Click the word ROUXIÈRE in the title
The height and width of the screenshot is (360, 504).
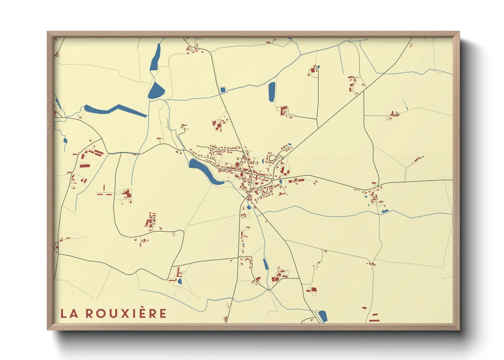126,313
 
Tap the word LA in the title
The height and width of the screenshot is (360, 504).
69,313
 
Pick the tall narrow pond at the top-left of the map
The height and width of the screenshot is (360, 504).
156,58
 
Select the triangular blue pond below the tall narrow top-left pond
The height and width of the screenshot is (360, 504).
156,91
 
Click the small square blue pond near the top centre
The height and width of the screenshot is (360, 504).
223,90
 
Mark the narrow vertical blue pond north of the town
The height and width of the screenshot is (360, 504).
271,92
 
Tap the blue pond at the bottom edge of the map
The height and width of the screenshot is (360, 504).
322,316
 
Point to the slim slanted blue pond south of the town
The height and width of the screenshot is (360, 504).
265,264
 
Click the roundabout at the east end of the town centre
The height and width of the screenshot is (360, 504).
272,179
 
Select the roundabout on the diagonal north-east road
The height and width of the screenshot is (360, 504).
283,158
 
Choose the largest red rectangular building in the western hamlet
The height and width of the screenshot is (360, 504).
85,166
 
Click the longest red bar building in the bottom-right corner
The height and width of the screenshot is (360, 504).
374,320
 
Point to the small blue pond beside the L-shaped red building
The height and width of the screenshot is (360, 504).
180,281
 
